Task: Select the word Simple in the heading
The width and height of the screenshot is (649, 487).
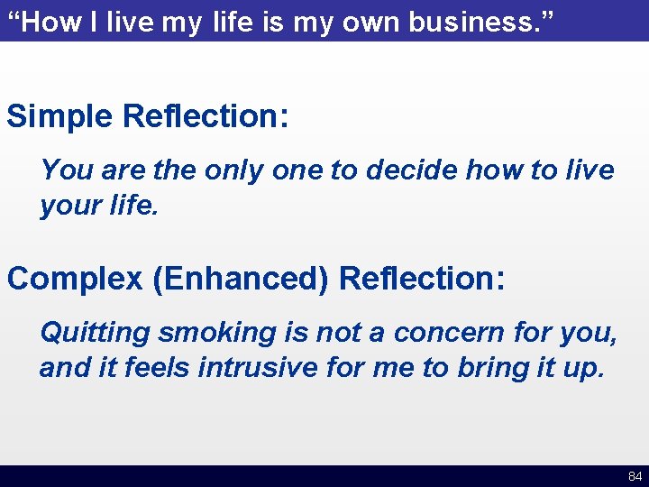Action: pos(60,116)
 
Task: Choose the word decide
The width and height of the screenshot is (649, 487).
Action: pos(401,170)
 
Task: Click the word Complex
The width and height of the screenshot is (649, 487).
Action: pos(75,279)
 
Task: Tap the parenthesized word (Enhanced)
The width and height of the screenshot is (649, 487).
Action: pos(241,279)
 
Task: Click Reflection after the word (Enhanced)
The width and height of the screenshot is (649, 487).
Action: pos(422,279)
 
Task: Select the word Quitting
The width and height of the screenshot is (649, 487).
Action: pos(95,333)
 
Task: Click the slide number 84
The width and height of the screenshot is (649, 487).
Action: pos(635,476)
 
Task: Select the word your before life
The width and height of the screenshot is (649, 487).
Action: pos(68,206)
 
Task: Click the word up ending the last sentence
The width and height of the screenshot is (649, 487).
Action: pos(580,368)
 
